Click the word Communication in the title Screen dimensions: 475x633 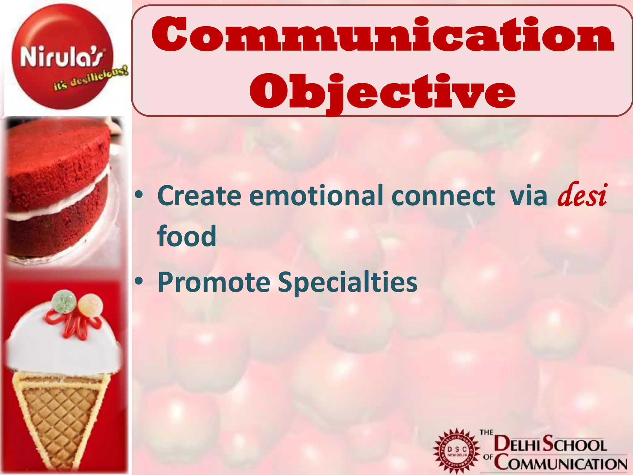[x=383, y=35]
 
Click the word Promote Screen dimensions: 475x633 [x=214, y=282]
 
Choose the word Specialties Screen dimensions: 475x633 [x=347, y=282]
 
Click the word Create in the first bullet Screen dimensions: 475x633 [x=199, y=195]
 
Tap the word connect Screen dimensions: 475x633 [x=443, y=195]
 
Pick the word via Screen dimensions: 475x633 [x=529, y=196]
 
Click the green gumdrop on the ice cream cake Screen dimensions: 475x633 [x=64, y=299]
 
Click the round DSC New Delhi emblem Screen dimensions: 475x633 [x=457, y=452]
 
